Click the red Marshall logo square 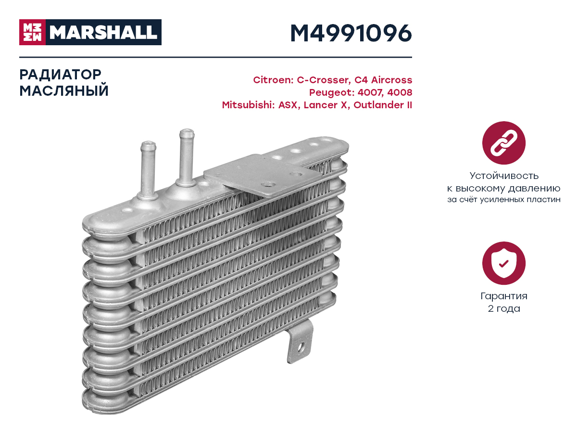[32, 32]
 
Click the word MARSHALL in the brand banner [103, 32]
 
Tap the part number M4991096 [351, 33]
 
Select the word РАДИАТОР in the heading [60, 75]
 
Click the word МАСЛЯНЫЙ [64, 91]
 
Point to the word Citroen [273, 80]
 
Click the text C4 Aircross [383, 80]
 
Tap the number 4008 [400, 92]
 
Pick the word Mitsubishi [248, 105]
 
